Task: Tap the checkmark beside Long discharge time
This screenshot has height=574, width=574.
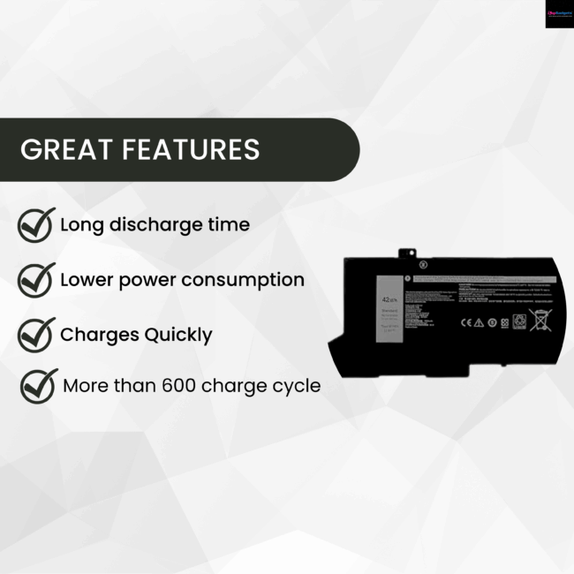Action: point(36,225)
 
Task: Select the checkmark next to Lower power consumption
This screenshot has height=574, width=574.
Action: point(36,280)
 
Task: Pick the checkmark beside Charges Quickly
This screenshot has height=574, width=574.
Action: point(36,335)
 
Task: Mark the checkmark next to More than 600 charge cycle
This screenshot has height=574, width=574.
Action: point(39,386)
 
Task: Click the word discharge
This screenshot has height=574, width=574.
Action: point(155,225)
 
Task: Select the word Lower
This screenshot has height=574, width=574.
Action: point(87,280)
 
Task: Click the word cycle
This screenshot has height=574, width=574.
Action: point(294,387)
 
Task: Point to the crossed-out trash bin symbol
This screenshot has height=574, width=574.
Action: point(539,320)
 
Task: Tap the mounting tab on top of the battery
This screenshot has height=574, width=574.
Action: point(407,254)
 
